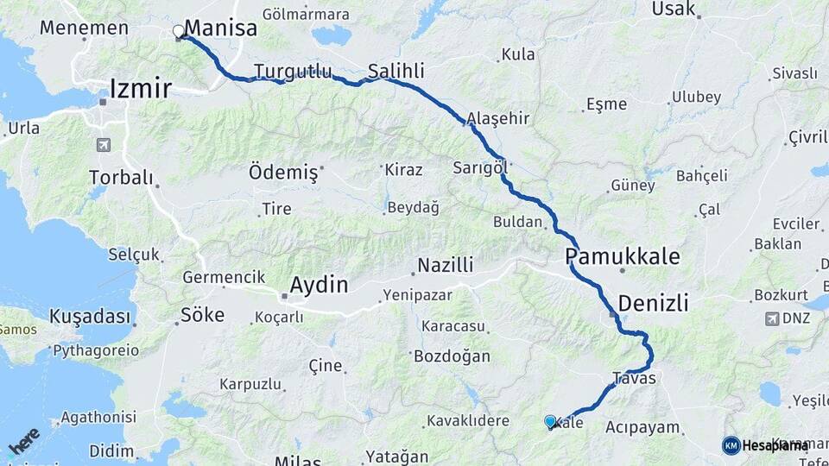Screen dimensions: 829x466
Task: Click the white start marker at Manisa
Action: point(179,32)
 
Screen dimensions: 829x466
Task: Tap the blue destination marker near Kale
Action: point(550,421)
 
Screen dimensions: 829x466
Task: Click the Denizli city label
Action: point(653,303)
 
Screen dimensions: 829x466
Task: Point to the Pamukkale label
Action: point(623,256)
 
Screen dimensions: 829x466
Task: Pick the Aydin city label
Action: point(319,285)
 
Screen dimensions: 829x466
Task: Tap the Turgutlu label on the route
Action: point(293,71)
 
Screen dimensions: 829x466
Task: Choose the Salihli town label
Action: point(396,71)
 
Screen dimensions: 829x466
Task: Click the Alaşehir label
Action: point(497,118)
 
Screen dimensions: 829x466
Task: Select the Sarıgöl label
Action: point(479,167)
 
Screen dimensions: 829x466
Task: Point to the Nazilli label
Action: point(446,265)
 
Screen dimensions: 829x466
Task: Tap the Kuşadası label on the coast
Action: point(90,315)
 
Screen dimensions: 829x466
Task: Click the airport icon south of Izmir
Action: point(104,145)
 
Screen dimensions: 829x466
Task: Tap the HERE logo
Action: point(24,439)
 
